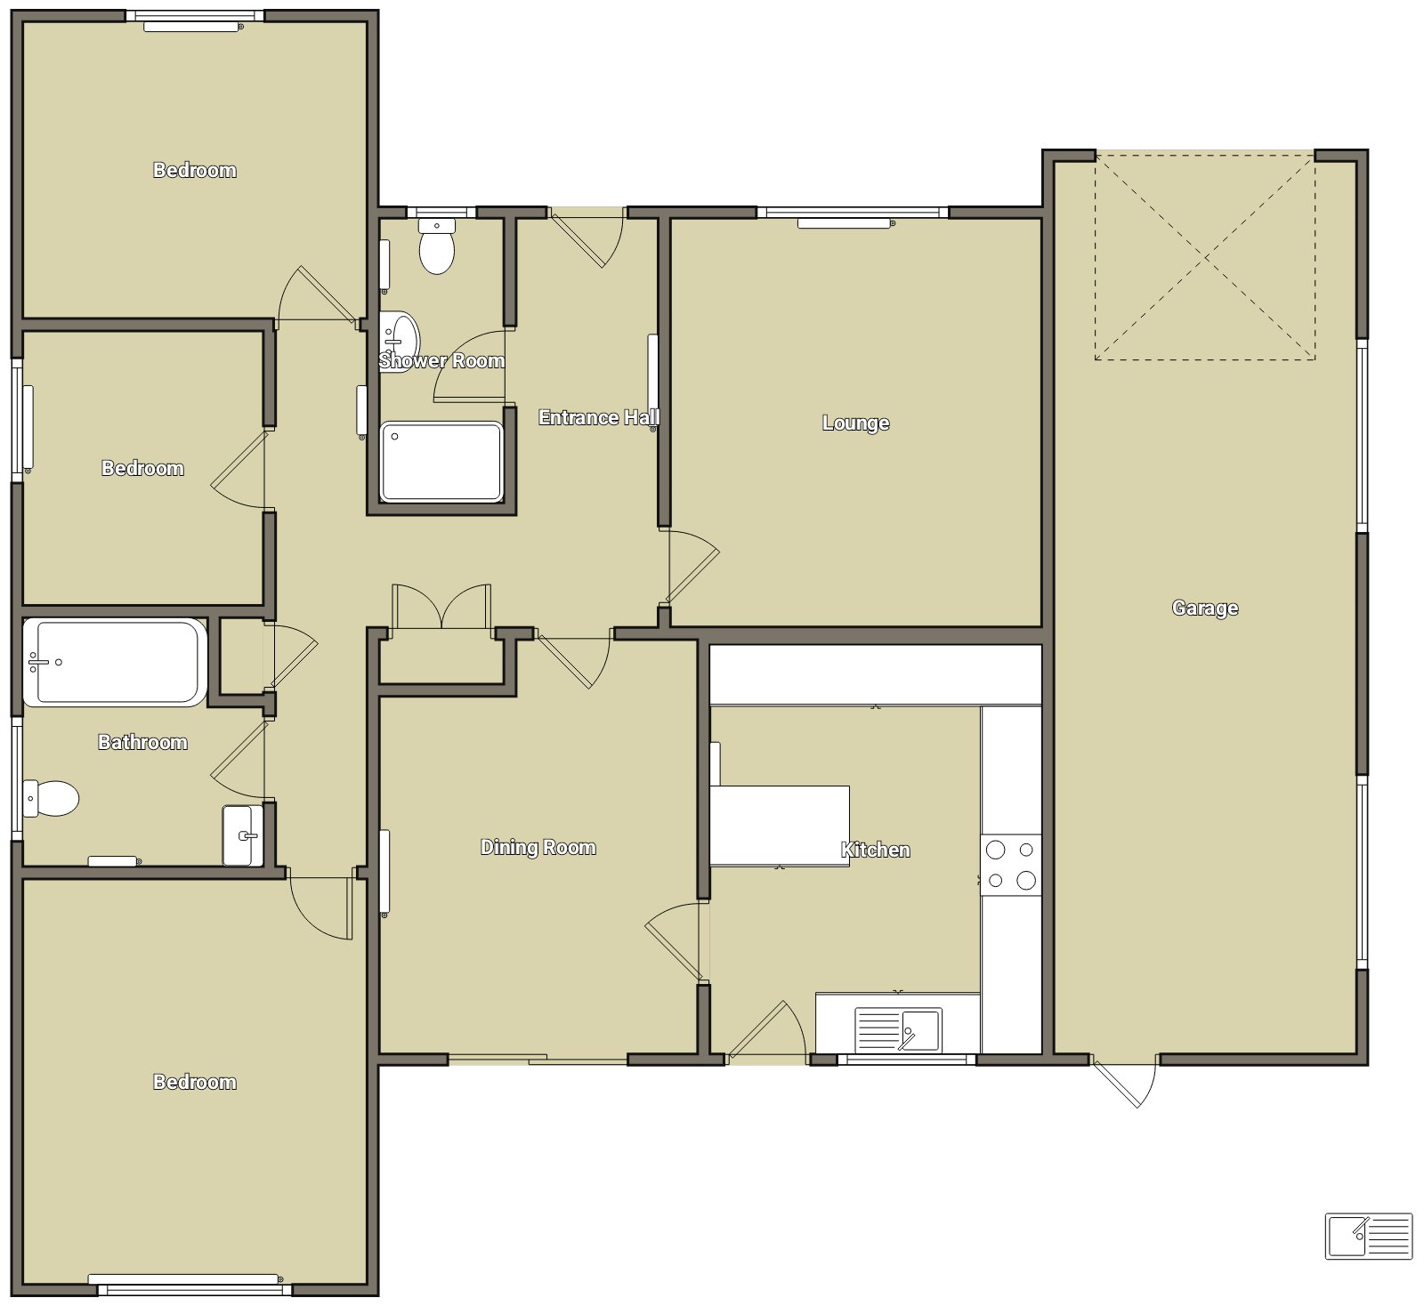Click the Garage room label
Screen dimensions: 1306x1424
[1205, 609]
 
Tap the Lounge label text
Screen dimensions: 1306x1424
[855, 423]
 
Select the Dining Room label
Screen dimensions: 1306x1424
[538, 848]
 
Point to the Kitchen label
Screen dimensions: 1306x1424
[876, 851]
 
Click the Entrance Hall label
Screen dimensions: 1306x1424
[598, 418]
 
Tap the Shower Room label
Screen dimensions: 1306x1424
[441, 361]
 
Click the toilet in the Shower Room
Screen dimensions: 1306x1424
[437, 246]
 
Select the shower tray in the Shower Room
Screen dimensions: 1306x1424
[441, 463]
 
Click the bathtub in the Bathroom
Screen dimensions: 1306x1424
[114, 663]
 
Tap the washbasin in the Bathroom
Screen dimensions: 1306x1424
[242, 835]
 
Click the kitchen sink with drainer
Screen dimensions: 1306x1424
[897, 1030]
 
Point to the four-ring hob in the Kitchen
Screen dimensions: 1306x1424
[1011, 865]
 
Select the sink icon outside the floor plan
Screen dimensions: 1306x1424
[1369, 1237]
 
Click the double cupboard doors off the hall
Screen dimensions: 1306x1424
[441, 608]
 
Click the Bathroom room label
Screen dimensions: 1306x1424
[142, 743]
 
